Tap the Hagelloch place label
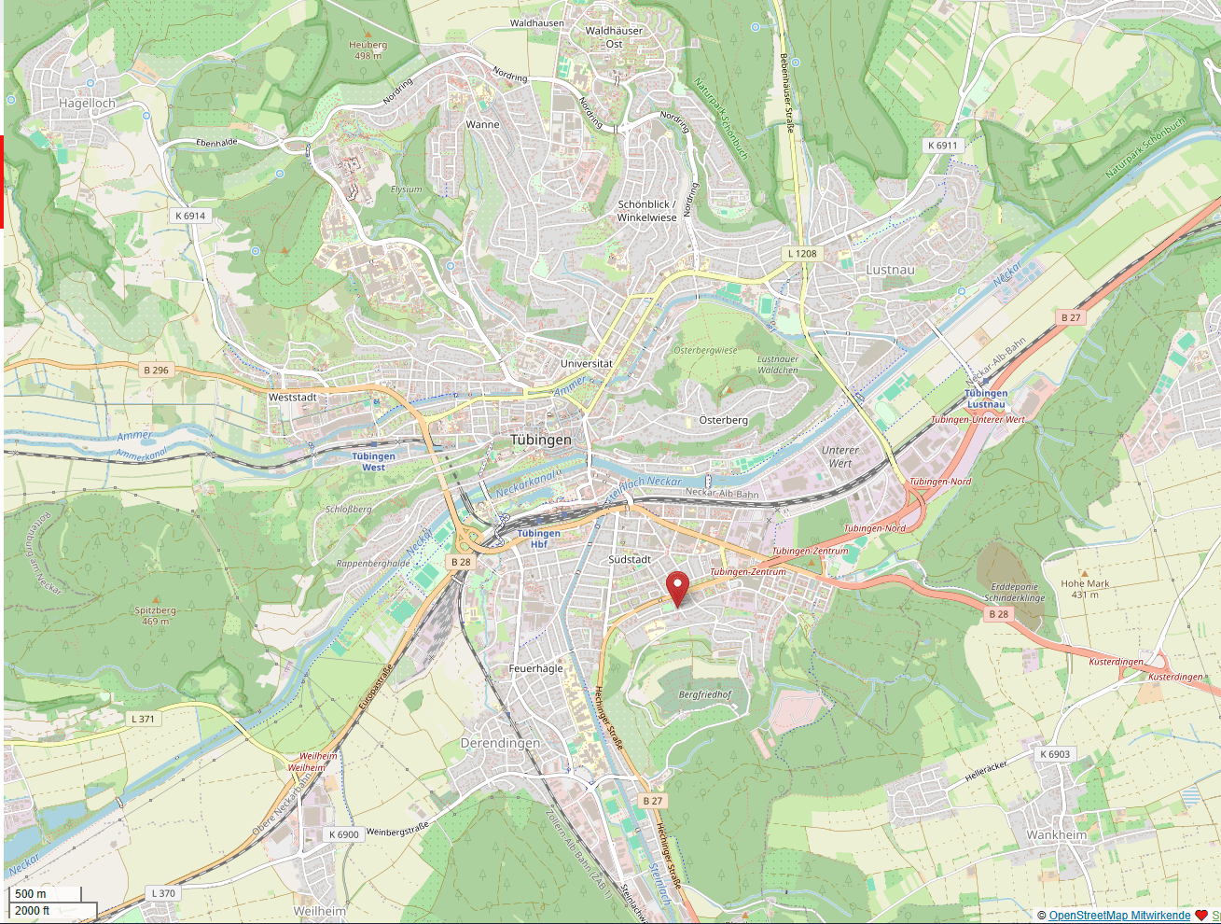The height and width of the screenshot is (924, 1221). pos(87,104)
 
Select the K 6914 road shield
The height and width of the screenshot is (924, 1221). pos(189,216)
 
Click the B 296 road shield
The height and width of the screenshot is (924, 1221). pos(156,371)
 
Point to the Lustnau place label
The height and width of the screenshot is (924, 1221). pos(890,270)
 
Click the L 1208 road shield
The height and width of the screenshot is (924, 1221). pos(801,254)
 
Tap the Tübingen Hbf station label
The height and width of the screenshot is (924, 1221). pos(538,539)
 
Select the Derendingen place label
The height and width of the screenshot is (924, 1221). pos(500,743)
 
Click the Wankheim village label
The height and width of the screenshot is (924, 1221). pos(1056,835)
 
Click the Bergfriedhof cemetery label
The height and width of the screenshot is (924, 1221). pos(705,694)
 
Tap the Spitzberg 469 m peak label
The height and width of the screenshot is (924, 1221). pos(155,615)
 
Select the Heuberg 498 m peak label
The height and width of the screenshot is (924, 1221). pos(368,49)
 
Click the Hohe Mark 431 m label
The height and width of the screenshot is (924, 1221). pos(1085,589)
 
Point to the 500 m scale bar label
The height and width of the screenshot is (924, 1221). pos(31,894)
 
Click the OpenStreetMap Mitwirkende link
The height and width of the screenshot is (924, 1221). pos(1119,916)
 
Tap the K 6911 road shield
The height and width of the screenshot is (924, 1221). pos(942,146)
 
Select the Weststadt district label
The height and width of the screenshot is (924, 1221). pos(292,398)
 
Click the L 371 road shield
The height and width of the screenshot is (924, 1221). pos(143,719)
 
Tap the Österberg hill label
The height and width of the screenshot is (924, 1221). pos(723,420)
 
